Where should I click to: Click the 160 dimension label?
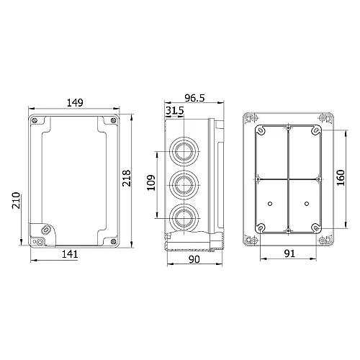point(341,176)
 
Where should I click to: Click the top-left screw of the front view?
point(35,120)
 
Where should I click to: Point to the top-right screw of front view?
point(112,120)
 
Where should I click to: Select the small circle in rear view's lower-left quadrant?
point(269,205)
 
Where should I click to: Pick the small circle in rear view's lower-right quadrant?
point(306,205)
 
